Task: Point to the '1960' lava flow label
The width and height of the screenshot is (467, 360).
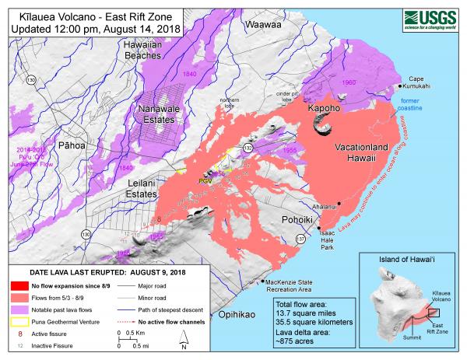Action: [349, 82]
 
